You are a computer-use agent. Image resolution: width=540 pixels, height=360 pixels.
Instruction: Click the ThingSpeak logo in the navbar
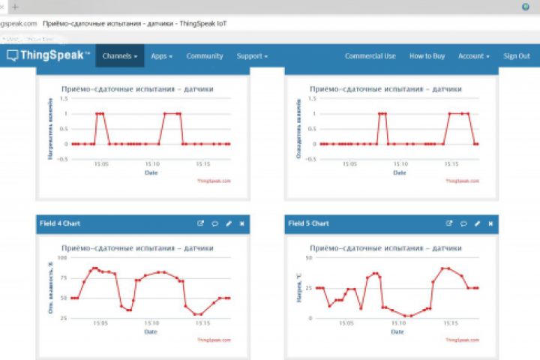tap(49, 56)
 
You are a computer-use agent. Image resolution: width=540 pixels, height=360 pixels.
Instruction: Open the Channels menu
tap(119, 56)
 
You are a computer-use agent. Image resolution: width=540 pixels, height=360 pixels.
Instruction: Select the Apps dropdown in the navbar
tap(161, 56)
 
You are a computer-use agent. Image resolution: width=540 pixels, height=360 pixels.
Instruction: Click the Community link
tap(205, 56)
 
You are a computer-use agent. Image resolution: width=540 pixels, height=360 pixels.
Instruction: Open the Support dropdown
tap(252, 56)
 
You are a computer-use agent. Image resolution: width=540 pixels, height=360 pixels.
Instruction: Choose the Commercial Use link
tap(370, 56)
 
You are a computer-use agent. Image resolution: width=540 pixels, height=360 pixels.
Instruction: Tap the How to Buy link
tap(427, 56)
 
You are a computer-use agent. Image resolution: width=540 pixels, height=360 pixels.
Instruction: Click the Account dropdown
tap(474, 56)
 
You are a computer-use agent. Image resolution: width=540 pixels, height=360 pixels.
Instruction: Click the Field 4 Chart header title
tap(60, 223)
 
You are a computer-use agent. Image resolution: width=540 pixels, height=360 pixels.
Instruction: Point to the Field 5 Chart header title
tap(309, 223)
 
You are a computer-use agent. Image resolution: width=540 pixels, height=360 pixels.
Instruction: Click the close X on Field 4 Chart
tap(241, 223)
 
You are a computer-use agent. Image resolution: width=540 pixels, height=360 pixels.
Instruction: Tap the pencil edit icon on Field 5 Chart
tap(477, 223)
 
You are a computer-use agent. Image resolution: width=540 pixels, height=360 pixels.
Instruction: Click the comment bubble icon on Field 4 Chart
tap(214, 223)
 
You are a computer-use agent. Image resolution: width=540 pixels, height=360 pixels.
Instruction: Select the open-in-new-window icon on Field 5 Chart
tap(449, 223)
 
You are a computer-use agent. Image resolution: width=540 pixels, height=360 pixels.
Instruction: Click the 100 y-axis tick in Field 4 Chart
tap(63, 257)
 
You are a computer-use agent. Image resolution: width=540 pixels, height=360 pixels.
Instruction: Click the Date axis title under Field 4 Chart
tap(151, 331)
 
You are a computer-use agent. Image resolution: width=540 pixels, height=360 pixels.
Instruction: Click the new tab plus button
tap(15, 6)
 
